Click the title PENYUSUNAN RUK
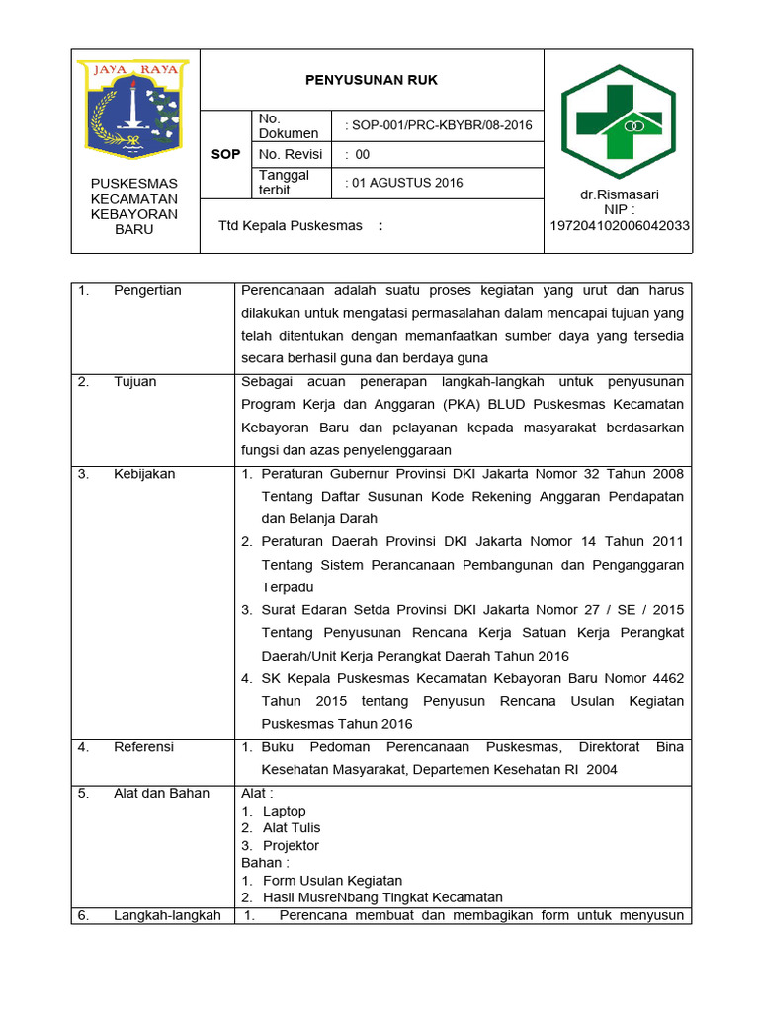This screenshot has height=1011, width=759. (372, 80)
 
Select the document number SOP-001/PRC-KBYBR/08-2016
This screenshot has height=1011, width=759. (425, 125)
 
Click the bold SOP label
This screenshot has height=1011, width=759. (226, 154)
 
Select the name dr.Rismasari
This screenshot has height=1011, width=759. (620, 194)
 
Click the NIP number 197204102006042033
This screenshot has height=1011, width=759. (620, 226)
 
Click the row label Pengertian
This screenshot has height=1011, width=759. (147, 291)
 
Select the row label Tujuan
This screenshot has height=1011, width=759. (134, 382)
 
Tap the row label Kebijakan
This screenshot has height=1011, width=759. (144, 474)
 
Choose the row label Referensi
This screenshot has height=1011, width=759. (143, 747)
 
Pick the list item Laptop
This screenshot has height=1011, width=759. (285, 812)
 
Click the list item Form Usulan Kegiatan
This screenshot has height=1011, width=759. (332, 881)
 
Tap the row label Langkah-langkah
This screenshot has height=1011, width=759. (167, 916)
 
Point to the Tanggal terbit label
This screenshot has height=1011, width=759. (284, 183)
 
